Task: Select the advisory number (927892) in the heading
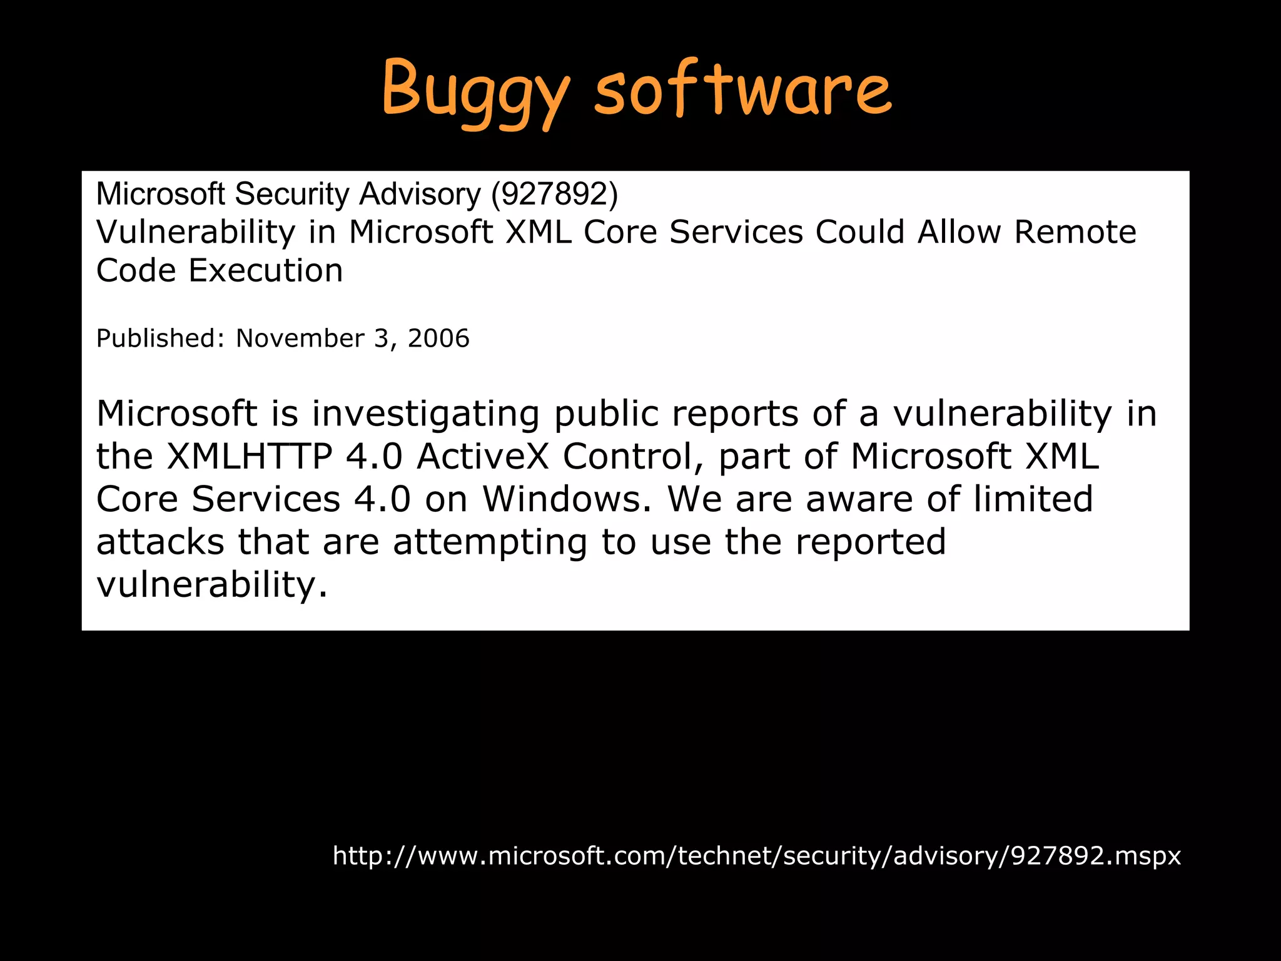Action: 555,194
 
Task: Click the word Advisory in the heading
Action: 420,194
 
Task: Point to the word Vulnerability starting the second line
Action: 195,233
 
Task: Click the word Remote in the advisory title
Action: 1075,232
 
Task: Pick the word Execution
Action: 266,271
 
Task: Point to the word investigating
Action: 425,414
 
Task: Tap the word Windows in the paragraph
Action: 567,499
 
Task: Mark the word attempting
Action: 490,542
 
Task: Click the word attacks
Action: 160,542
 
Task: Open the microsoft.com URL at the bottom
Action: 756,855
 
